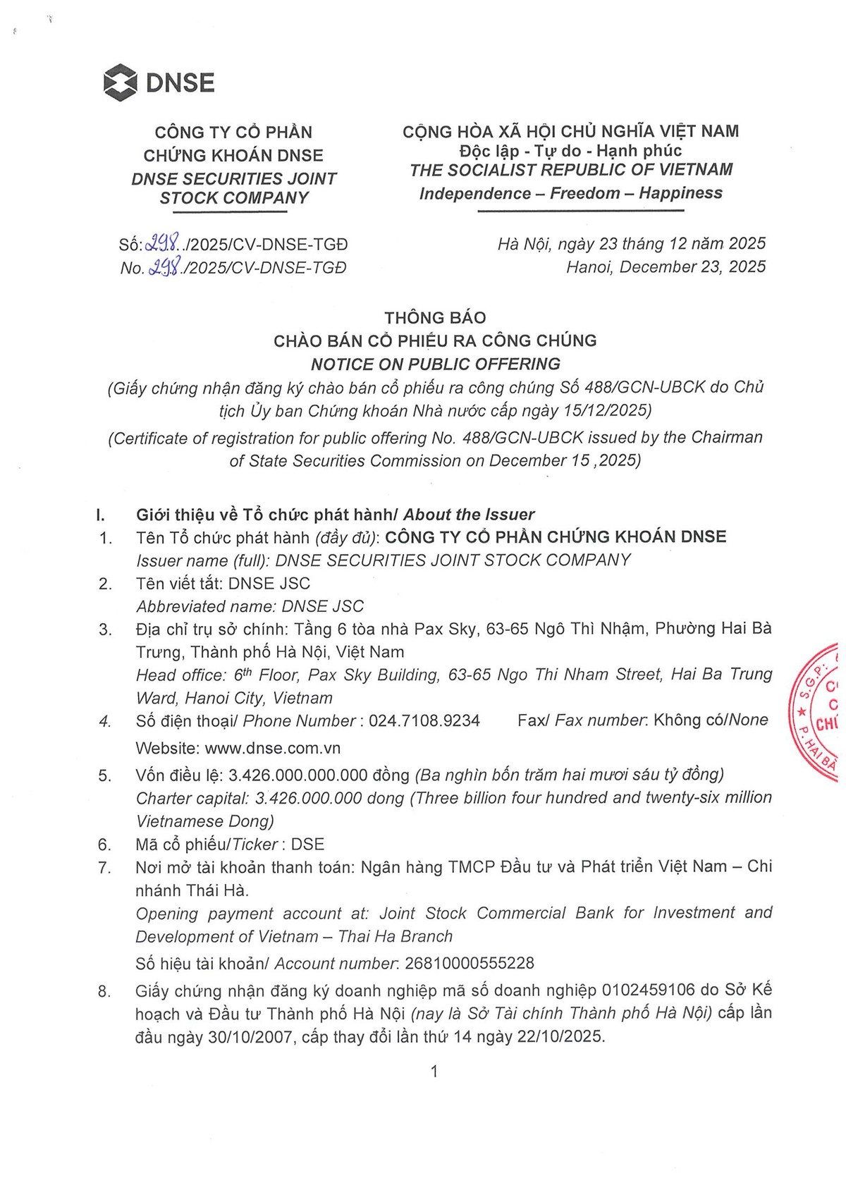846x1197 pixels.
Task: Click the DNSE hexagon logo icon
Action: [120, 82]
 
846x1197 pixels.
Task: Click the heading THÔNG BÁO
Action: [435, 317]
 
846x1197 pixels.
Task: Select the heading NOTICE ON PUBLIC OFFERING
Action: [436, 364]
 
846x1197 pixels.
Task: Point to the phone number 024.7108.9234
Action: [424, 720]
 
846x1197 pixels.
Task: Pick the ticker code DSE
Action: [307, 844]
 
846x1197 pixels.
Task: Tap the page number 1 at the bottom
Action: [434, 1072]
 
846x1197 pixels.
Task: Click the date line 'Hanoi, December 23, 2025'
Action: [666, 266]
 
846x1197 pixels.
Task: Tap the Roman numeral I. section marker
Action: [100, 515]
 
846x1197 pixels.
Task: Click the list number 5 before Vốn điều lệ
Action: [105, 775]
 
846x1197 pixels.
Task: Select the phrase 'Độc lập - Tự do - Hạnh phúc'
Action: [570, 150]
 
